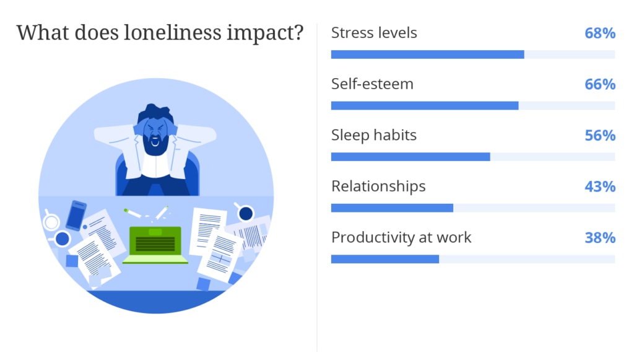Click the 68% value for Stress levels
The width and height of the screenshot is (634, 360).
point(600,33)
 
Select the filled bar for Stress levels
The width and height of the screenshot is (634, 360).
point(427,55)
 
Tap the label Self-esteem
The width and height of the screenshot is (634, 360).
point(372,84)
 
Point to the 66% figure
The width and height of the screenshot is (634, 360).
point(600,84)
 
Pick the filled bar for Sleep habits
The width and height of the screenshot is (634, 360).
point(410,157)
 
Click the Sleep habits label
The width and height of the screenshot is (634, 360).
point(373,135)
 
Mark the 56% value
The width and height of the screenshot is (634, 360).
point(600,136)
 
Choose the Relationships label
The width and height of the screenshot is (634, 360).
point(378,187)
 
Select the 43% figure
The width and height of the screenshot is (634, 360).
point(600,187)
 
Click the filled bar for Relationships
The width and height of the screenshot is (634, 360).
point(392,208)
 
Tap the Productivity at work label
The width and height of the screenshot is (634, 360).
point(401,237)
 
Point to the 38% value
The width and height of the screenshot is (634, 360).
point(600,238)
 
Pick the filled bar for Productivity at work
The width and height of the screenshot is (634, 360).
point(385,259)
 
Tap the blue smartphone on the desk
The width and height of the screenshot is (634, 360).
point(76,215)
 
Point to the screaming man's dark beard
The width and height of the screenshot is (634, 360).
point(155,144)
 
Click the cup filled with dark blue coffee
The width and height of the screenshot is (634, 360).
point(246,213)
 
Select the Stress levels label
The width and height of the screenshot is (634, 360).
point(374,33)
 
